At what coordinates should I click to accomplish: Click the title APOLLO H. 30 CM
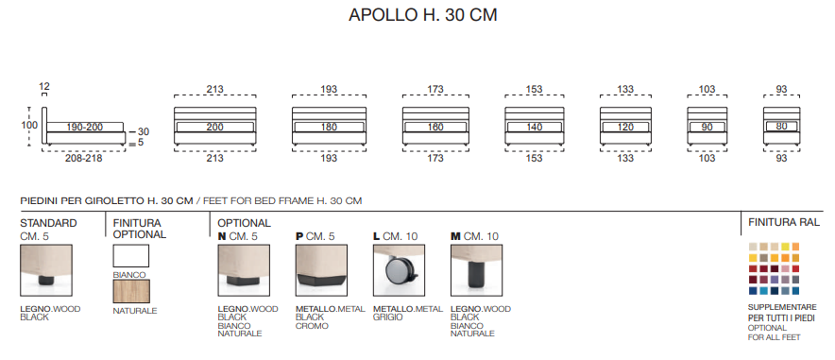pyautogui.click(x=423, y=15)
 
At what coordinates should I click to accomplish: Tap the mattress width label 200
pyautogui.click(x=215, y=128)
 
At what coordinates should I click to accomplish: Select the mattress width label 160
pyautogui.click(x=435, y=128)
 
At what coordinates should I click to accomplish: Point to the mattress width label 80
pyautogui.click(x=781, y=127)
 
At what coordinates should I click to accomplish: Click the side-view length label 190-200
pyautogui.click(x=85, y=128)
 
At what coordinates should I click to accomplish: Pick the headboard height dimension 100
pyautogui.click(x=30, y=126)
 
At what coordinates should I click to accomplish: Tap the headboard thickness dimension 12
pyautogui.click(x=44, y=86)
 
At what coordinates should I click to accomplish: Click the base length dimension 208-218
pyautogui.click(x=84, y=159)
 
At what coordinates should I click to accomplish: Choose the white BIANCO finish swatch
pyautogui.click(x=131, y=256)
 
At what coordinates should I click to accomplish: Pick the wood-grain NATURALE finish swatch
pyautogui.click(x=131, y=291)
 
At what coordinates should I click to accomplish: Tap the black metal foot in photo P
pyautogui.click(x=320, y=281)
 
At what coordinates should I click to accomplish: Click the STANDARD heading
pyautogui.click(x=48, y=223)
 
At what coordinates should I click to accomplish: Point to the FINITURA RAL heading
pyautogui.click(x=784, y=222)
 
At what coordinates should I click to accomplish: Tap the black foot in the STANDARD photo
pyautogui.click(x=46, y=280)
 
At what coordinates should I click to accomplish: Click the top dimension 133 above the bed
pyautogui.click(x=625, y=90)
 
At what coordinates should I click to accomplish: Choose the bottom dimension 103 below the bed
pyautogui.click(x=707, y=158)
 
